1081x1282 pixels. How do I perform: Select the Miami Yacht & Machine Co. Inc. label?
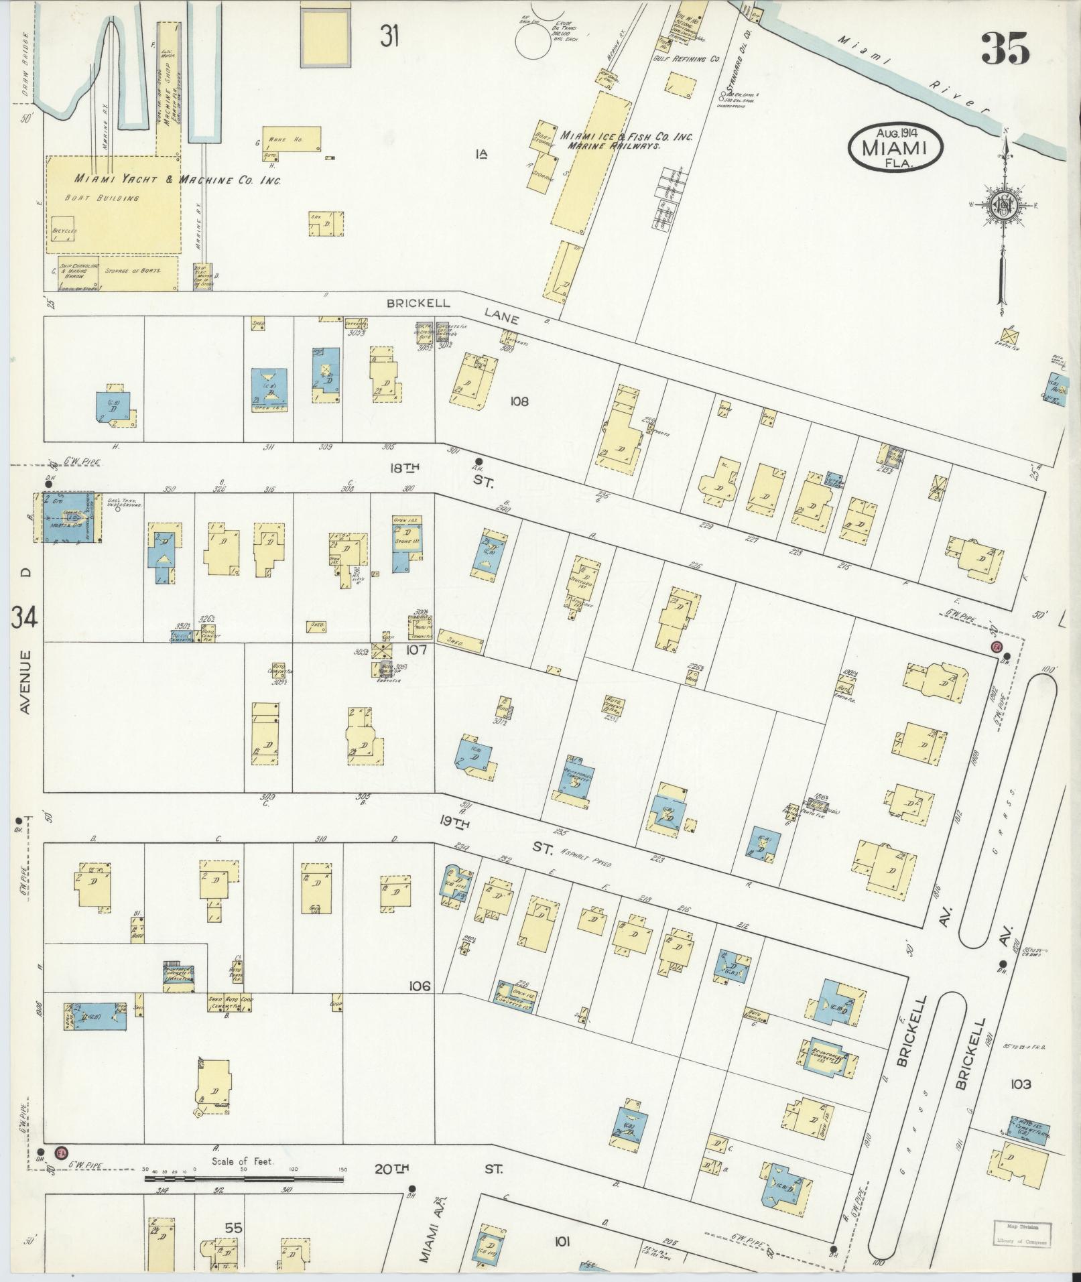[x=178, y=180]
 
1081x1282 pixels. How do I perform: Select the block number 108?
[x=519, y=401]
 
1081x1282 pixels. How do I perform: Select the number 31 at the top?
[x=389, y=36]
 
